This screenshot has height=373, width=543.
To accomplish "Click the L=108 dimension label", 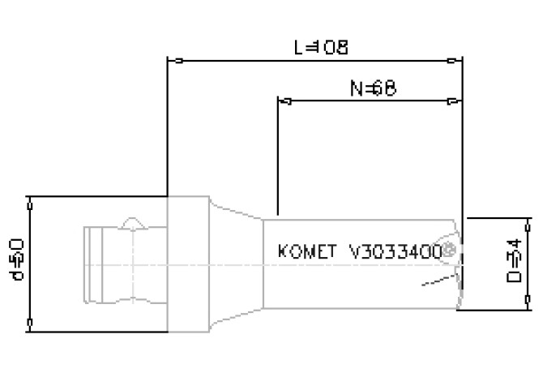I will [x=321, y=47].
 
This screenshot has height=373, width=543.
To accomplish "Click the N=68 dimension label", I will [x=373, y=88].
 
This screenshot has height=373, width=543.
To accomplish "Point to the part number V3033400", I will [x=395, y=251].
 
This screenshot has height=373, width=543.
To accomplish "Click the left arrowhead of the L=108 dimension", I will [x=173, y=60].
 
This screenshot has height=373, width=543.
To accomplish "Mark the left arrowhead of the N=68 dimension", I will [x=284, y=101].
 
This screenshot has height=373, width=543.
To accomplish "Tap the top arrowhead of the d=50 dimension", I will [x=29, y=203].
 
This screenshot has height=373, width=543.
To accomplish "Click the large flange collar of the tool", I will [x=187, y=264].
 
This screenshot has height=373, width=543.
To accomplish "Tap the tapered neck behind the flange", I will [x=235, y=264].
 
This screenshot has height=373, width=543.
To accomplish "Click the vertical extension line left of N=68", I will [x=278, y=154].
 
